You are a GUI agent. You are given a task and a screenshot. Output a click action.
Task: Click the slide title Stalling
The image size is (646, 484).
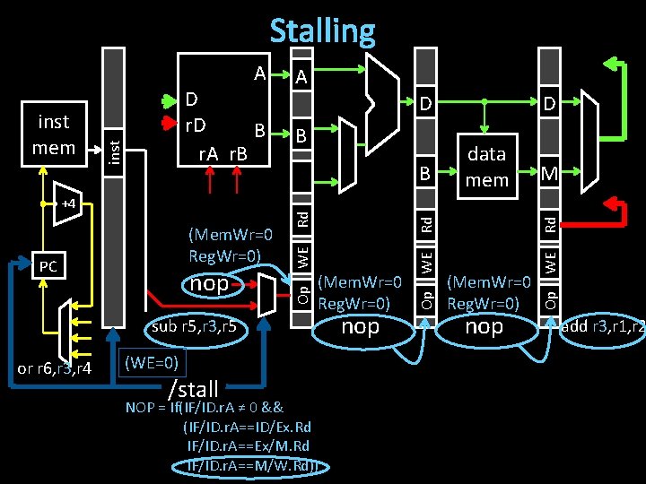(322, 30)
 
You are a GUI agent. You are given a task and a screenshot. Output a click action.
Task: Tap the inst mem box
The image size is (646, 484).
(53, 134)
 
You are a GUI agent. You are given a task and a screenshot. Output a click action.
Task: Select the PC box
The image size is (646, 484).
(48, 266)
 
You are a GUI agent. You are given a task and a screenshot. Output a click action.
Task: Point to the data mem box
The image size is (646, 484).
(486, 166)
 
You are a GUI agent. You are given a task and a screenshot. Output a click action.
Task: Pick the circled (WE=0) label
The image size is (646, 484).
(150, 363)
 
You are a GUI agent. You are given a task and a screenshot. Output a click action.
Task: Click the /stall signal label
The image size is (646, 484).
(193, 389)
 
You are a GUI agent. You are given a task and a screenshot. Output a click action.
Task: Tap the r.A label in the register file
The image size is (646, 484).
(209, 153)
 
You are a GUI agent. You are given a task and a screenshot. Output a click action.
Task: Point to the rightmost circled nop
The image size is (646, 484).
(484, 326)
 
